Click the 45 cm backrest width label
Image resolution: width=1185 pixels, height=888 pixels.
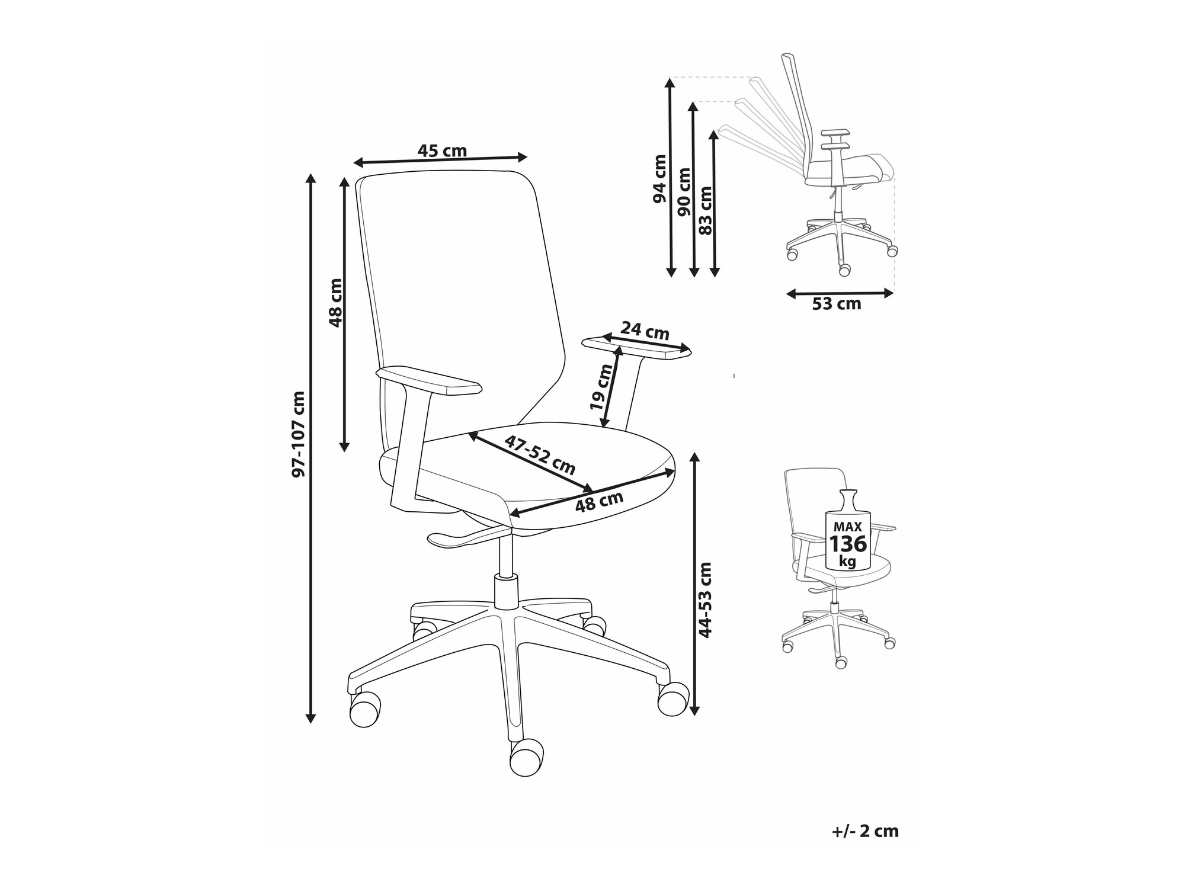point(442,151)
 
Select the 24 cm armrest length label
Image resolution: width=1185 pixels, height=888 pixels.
point(645,330)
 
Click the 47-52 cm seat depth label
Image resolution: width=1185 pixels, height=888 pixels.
point(540,455)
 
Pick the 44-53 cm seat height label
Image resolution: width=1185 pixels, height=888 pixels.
point(705,600)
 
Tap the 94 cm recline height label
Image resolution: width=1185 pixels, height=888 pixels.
point(659,178)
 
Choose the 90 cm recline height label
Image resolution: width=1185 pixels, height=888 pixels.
point(684,191)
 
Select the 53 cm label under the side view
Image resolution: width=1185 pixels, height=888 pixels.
point(836,304)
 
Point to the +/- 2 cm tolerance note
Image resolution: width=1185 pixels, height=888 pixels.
point(865,832)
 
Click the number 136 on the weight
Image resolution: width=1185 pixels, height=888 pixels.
point(847,544)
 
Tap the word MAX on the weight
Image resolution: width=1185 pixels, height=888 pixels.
point(848,526)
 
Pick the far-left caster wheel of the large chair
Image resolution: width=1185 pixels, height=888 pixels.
point(364,709)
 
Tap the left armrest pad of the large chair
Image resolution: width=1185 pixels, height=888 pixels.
point(428,380)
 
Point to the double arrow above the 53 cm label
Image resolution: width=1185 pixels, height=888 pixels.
point(840,293)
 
